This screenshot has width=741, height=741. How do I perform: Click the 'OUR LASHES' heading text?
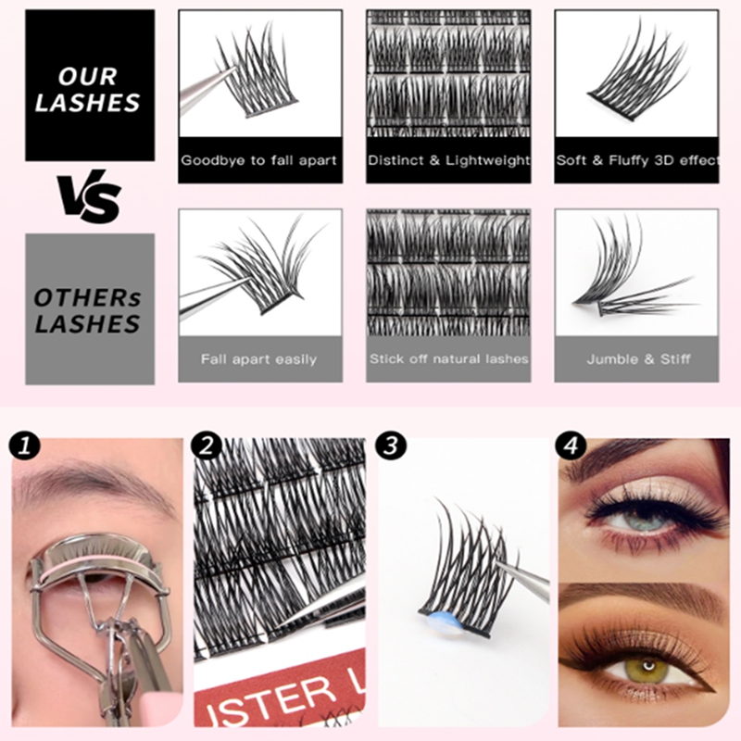coord(88,90)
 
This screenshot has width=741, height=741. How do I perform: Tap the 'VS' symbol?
coord(88,197)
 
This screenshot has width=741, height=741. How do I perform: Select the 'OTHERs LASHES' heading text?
coord(88,310)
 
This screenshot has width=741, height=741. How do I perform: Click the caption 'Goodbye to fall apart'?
coord(259,160)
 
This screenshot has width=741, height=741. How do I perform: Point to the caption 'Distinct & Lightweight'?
coord(448,160)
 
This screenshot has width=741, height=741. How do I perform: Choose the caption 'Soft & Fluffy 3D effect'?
coord(636,160)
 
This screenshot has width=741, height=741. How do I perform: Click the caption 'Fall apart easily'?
coord(259,358)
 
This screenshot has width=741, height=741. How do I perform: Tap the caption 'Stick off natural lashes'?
coord(448,358)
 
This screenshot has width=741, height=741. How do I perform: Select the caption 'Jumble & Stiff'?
coord(636,358)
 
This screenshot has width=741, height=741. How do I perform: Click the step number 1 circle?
coord(25,446)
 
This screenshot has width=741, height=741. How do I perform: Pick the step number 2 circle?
coord(207,446)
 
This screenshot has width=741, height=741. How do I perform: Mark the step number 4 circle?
coord(571,446)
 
